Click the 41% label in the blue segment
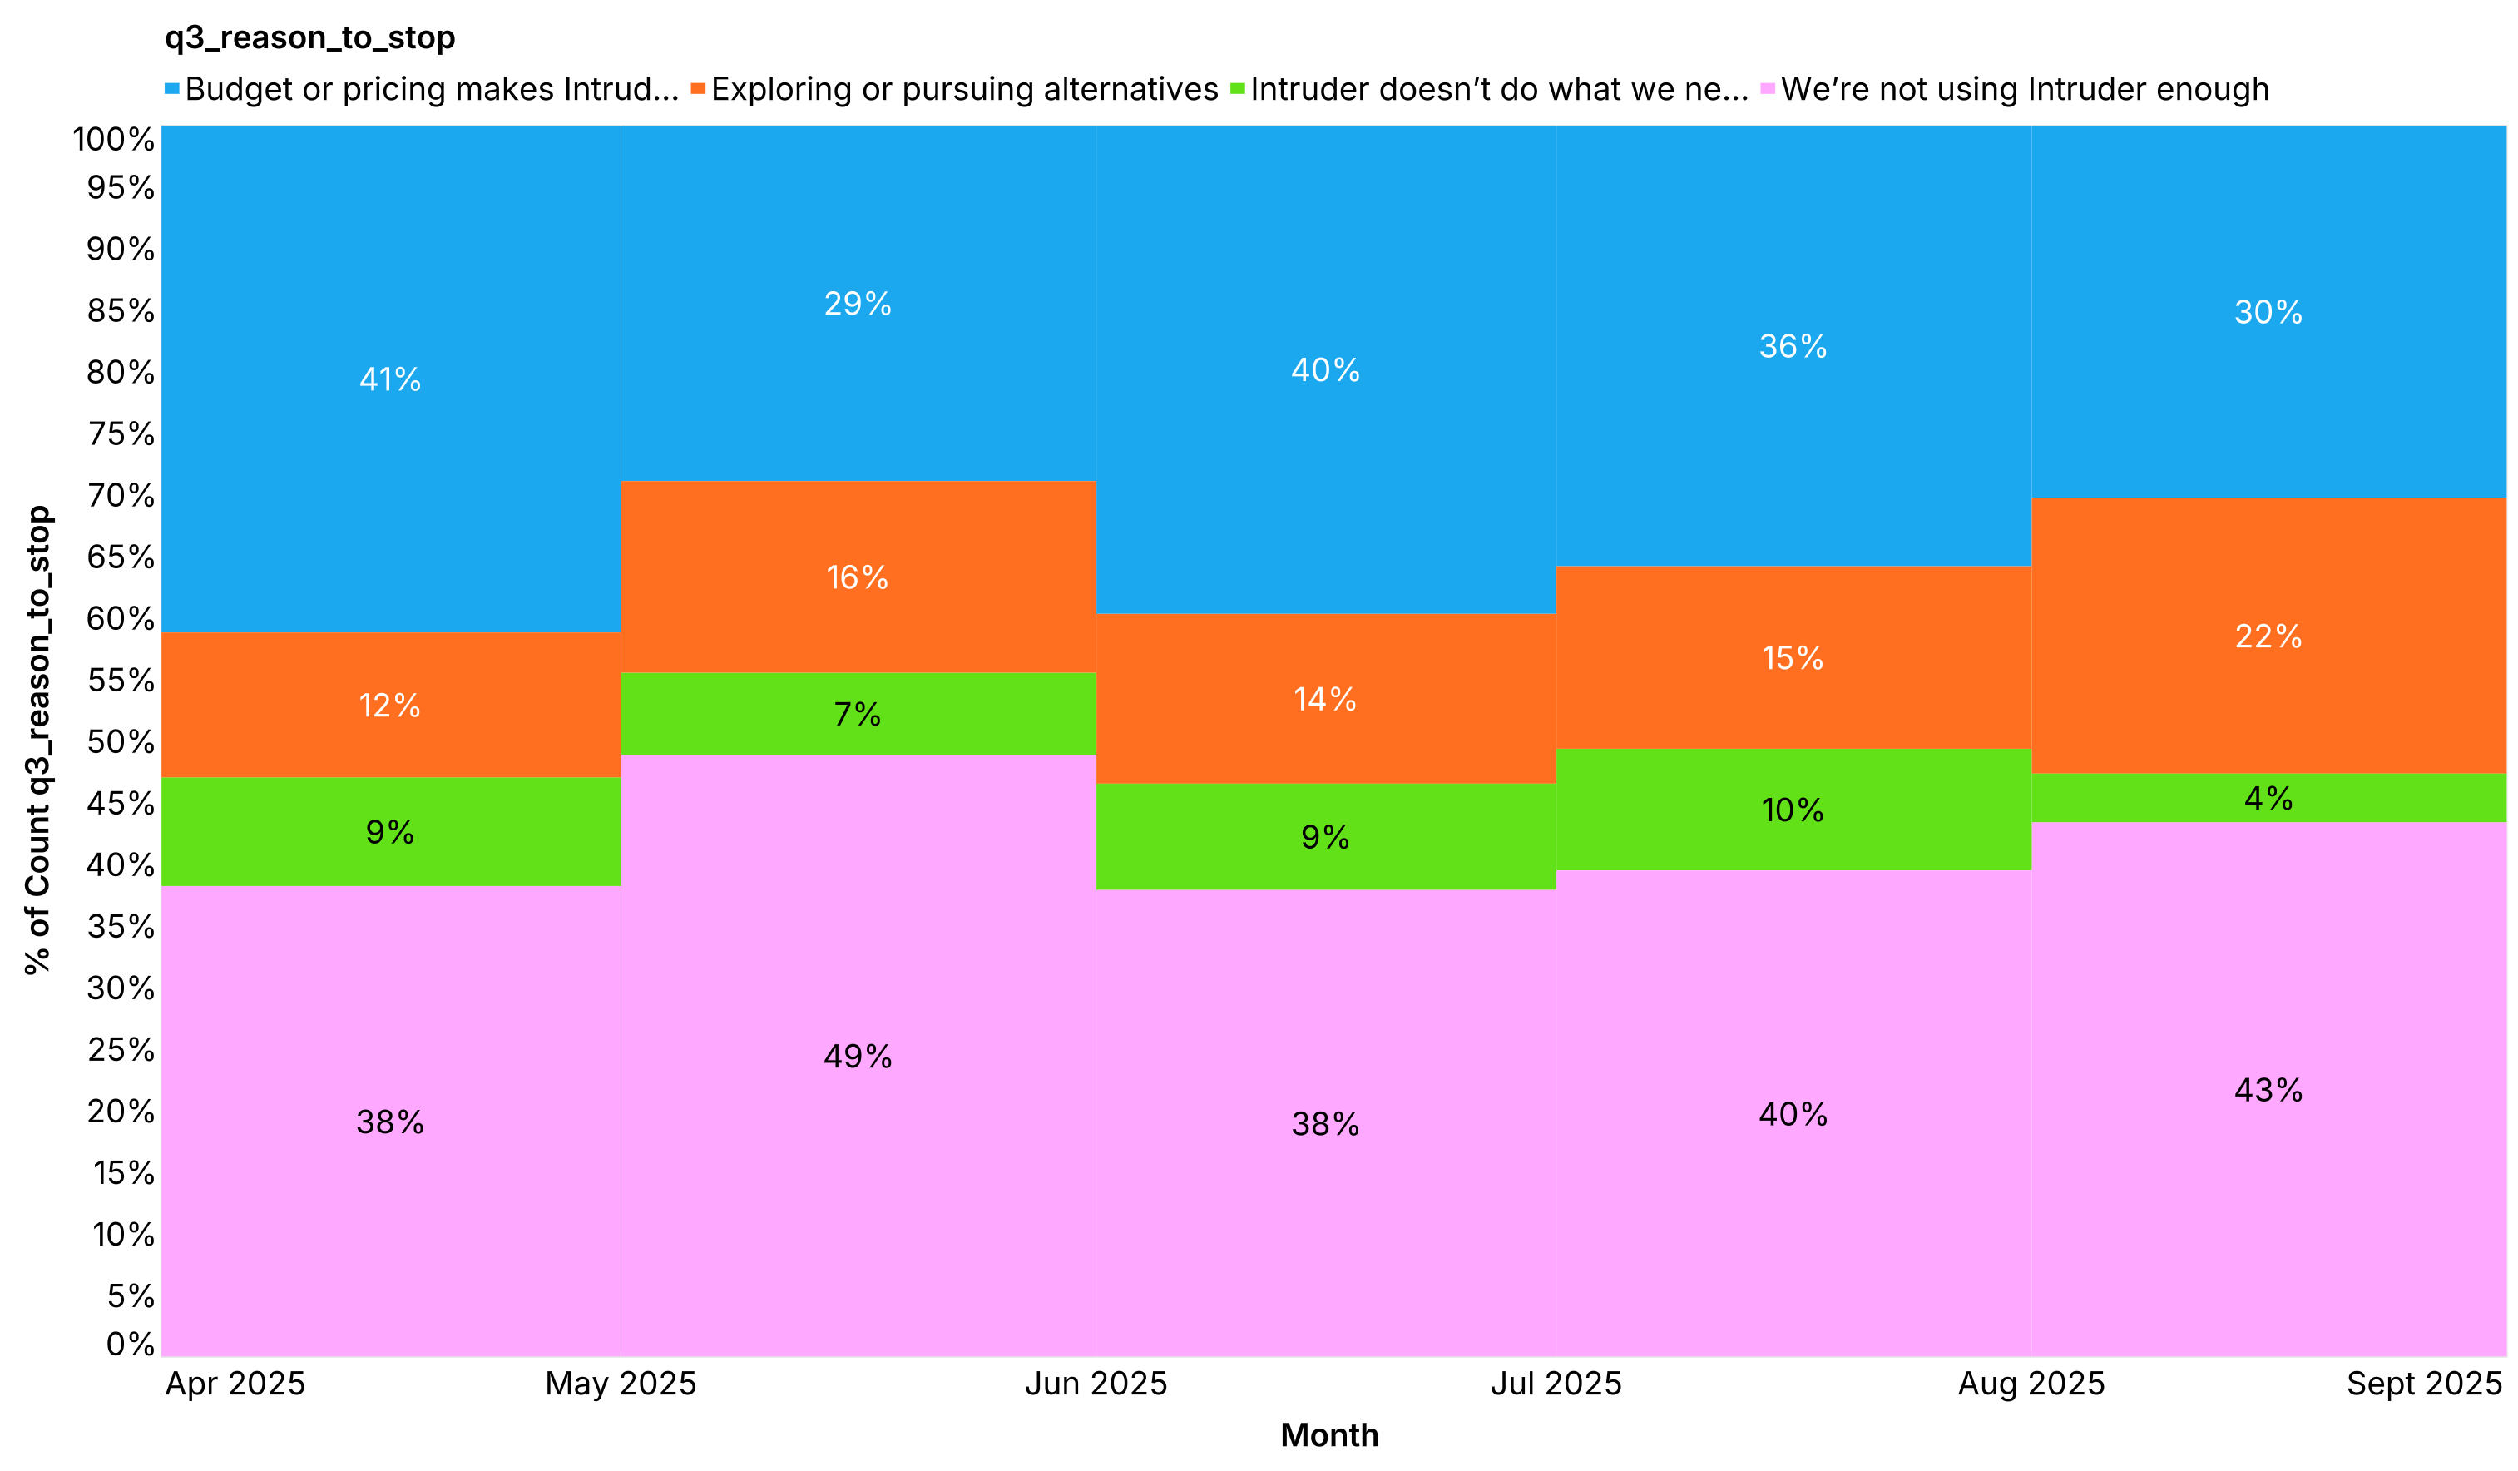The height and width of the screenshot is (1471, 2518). point(389,379)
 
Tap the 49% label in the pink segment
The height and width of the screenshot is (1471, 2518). point(858,1057)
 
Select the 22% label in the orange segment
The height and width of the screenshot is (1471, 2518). point(2268,636)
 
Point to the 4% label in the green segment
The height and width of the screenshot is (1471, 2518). point(2268,799)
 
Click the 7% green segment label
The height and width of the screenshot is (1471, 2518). point(858,715)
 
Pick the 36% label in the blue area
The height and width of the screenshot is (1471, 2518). point(1793,347)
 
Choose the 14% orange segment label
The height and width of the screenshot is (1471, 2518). point(1325,700)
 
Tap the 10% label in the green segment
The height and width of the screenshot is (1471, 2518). point(1793,810)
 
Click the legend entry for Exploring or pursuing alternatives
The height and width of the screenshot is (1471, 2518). point(963,90)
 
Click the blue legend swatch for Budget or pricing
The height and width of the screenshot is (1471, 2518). point(172,90)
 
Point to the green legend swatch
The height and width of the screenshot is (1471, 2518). point(1238,90)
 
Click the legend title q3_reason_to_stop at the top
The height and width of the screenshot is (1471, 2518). point(309,38)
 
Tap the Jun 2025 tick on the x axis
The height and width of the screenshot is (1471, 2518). point(1096,1384)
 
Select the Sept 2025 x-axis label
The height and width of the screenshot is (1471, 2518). point(2424,1384)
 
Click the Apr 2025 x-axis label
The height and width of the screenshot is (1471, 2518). point(235,1384)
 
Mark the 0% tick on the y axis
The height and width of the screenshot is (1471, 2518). point(130,1344)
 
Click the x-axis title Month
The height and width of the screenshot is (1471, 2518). point(1329,1436)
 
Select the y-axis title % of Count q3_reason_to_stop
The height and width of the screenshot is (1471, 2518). point(38,740)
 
